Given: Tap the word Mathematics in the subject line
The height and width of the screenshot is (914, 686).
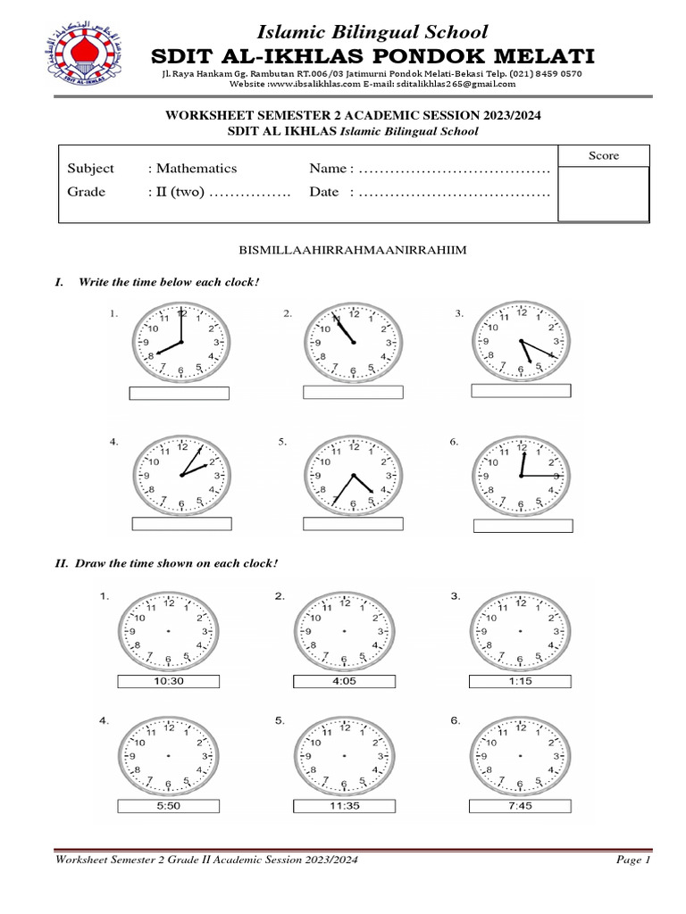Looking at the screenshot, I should coord(197,168).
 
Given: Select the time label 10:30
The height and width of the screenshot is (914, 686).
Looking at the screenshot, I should coord(169,681).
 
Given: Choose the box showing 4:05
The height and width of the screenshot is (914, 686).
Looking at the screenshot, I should coord(343,681).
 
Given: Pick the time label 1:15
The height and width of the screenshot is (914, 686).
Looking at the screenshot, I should coord(520,681).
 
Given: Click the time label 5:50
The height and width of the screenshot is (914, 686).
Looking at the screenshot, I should coord(169,806).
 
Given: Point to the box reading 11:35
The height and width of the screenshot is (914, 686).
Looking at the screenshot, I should coord(343,806).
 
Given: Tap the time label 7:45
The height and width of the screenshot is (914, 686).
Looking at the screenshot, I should coord(520,806).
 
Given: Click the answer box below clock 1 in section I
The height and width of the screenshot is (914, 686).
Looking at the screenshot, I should coord(180,393).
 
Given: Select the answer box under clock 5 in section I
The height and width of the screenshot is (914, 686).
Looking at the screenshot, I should coord(353,523).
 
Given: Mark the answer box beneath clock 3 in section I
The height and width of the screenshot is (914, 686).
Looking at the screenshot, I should coord(520,390).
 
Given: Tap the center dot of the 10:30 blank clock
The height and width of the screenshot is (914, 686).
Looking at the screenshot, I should coord(169,631).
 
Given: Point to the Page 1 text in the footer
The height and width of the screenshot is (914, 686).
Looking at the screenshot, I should coord(633,860).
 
